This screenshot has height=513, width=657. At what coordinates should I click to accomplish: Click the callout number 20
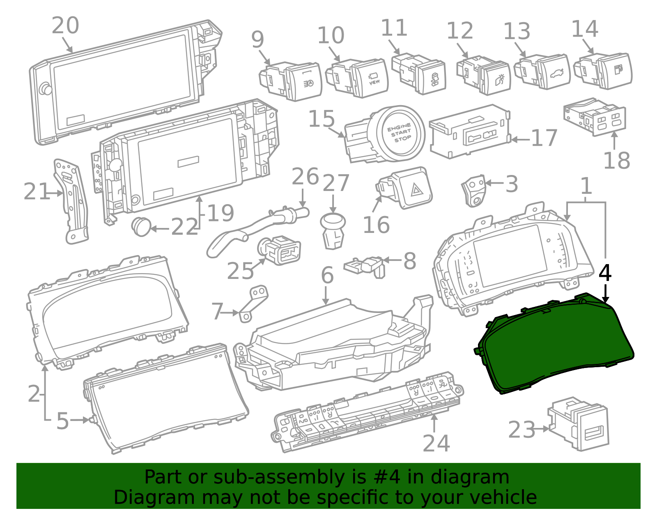coord(65,25)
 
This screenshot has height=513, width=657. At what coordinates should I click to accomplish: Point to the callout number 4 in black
coord(605,273)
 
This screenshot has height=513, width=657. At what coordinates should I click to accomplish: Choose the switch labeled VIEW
coord(357,78)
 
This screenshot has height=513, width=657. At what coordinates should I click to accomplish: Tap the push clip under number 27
coord(333,231)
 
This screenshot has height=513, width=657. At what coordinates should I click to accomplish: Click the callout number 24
coord(436,444)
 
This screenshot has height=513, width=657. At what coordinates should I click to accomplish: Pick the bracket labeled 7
coord(253,304)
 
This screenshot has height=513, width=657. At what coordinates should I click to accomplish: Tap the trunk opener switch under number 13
coord(542,71)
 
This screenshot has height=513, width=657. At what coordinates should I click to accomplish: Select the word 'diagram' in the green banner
coord(470,477)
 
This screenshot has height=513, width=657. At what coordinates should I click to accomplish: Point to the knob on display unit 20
coord(46,89)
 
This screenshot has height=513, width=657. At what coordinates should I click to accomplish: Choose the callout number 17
coord(544,138)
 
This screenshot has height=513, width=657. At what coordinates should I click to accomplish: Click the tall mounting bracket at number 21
coord(71,201)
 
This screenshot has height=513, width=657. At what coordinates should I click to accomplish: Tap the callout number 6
coord(327,276)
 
